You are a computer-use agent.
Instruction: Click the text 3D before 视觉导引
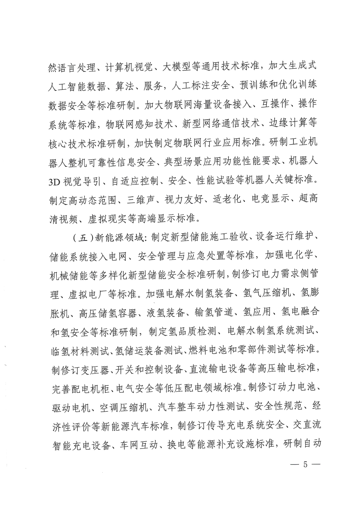coord(54,181)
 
